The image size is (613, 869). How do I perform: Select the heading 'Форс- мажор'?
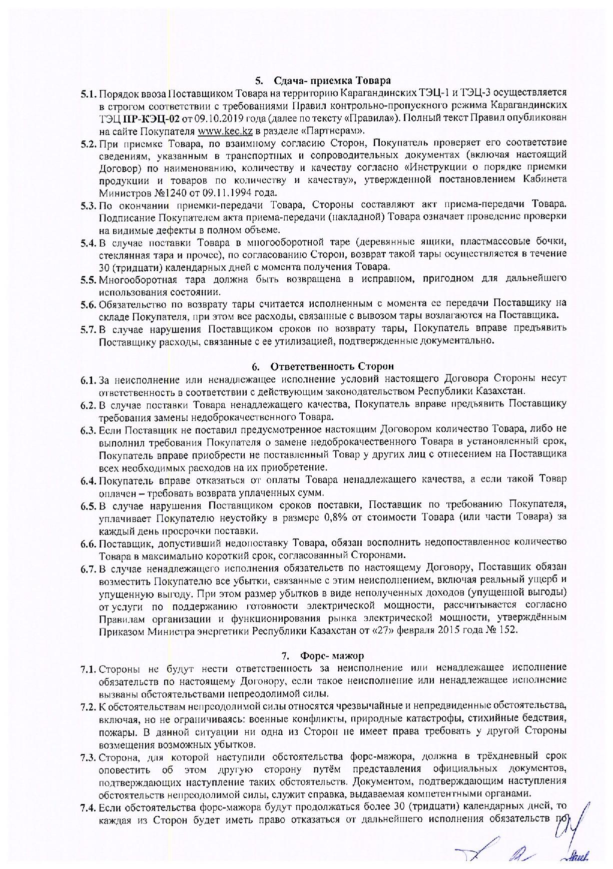332,655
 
